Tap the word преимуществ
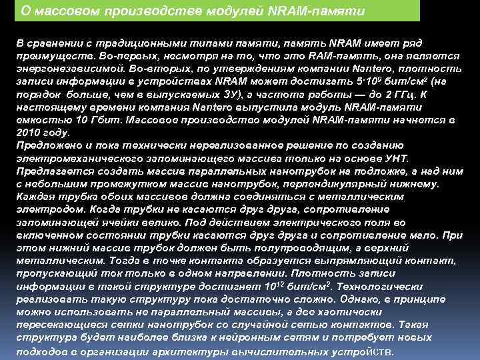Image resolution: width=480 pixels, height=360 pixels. (51, 53)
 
